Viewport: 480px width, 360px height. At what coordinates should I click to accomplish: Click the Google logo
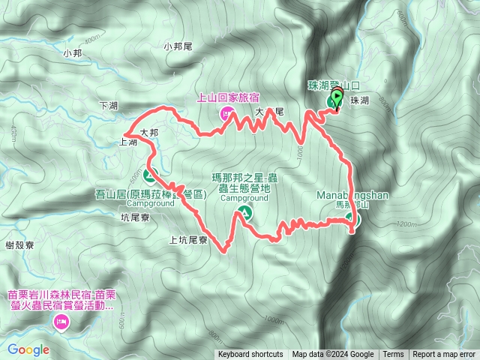click(28, 349)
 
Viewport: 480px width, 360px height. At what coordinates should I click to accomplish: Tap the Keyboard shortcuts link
click(250, 355)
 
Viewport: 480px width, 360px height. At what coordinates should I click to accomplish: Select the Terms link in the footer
click(393, 355)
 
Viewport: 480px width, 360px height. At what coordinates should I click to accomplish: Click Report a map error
click(444, 355)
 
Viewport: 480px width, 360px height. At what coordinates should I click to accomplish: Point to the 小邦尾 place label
click(178, 46)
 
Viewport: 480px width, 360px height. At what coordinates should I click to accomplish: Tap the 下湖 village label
click(108, 106)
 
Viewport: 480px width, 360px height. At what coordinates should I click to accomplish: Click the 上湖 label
click(128, 142)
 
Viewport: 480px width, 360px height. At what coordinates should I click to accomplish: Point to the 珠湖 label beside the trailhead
click(359, 100)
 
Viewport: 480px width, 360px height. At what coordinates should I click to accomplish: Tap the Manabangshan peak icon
click(352, 220)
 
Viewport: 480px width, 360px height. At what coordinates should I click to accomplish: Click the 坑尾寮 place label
click(136, 217)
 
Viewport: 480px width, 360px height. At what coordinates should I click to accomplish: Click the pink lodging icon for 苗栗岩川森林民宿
click(61, 322)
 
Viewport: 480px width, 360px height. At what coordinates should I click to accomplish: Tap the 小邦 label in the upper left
click(72, 53)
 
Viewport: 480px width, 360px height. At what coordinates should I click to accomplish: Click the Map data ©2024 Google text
click(333, 355)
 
